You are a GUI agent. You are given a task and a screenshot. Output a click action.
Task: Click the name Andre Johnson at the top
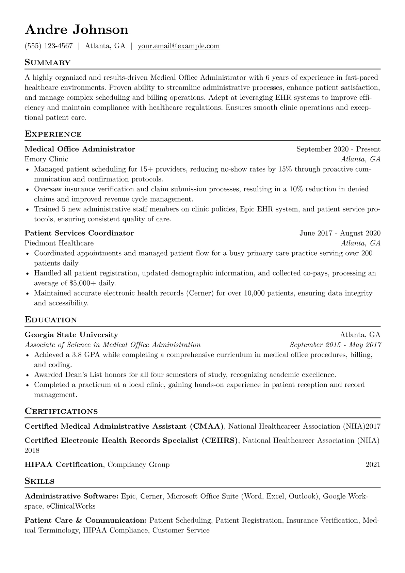point(77,30)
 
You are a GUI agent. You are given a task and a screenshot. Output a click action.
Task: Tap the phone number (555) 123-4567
point(49,46)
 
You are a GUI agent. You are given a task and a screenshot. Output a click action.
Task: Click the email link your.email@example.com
point(179,46)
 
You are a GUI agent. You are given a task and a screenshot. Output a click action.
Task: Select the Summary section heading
point(48,63)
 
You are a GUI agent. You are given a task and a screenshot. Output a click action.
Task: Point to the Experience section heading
point(53,134)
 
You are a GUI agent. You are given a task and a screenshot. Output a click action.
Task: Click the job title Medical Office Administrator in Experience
point(80,149)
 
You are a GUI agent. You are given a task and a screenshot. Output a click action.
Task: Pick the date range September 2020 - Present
point(338,149)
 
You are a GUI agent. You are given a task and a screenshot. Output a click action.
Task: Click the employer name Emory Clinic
point(46,159)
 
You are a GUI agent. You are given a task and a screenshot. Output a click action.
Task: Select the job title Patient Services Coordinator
point(79,233)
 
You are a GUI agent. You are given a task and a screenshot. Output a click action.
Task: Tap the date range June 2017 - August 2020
point(340,233)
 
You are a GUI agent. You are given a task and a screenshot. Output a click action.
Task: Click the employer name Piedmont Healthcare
point(59,243)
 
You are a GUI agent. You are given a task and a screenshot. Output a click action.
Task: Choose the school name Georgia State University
point(71,335)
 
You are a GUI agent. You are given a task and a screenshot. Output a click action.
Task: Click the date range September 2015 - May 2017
point(335,345)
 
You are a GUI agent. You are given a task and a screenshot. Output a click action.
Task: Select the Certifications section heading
point(61,411)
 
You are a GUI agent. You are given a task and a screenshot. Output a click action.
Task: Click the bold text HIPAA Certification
point(64,464)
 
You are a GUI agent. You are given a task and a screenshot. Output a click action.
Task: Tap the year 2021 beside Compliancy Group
point(373,464)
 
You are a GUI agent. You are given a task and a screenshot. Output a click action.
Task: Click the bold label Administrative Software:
point(71,496)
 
